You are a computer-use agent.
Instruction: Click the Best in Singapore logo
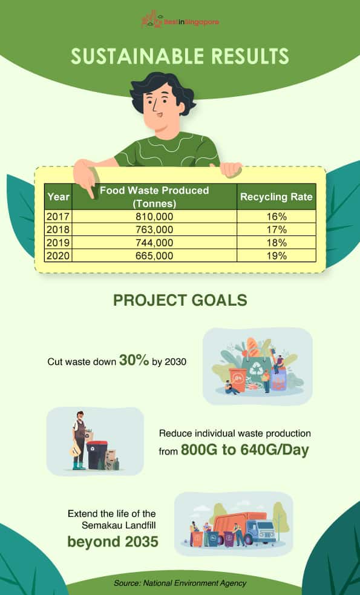click(x=180, y=19)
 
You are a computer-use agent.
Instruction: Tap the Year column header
click(x=59, y=197)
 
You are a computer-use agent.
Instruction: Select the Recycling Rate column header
click(x=276, y=197)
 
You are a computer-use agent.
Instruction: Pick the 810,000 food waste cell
click(x=154, y=217)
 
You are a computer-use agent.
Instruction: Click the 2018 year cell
click(x=58, y=229)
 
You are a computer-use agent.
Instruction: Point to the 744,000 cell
click(x=154, y=243)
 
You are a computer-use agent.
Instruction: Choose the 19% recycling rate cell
click(x=277, y=255)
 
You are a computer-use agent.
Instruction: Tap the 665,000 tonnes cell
click(x=154, y=255)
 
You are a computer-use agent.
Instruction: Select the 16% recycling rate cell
click(x=277, y=217)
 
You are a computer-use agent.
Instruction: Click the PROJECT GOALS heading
click(x=180, y=300)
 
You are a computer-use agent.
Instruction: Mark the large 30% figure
click(x=134, y=360)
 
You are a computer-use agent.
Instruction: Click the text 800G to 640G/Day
click(x=244, y=450)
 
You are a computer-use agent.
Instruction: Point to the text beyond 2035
click(x=113, y=542)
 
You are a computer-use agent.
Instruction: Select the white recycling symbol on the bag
click(x=257, y=368)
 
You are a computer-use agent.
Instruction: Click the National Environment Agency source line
click(x=180, y=583)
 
